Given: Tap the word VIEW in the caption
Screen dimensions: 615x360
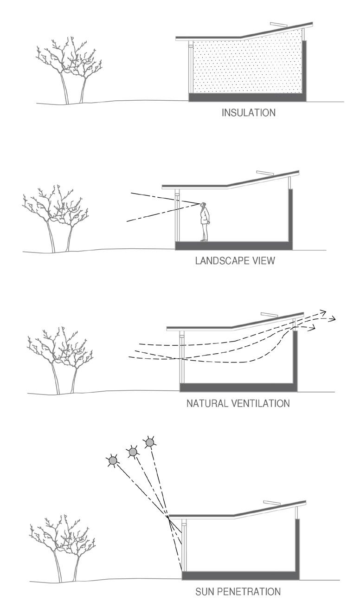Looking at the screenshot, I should (264, 261).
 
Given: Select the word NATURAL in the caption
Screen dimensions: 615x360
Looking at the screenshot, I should (206, 403).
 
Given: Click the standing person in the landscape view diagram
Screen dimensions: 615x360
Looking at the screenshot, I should (204, 222).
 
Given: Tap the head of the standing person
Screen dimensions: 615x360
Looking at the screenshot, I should (204, 205).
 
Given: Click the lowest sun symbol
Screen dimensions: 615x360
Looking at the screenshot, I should (112, 460).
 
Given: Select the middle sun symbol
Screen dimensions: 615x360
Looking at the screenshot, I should (133, 451).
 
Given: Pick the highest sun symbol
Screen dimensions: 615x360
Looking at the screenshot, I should (149, 443).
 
